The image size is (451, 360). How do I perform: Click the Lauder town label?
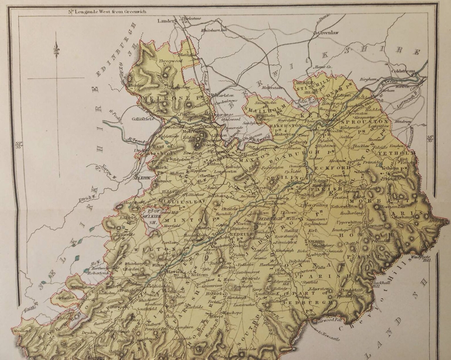tap(167, 20)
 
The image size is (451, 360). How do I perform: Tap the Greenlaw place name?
tap(328, 33)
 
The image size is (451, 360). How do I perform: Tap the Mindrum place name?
tap(404, 122)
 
